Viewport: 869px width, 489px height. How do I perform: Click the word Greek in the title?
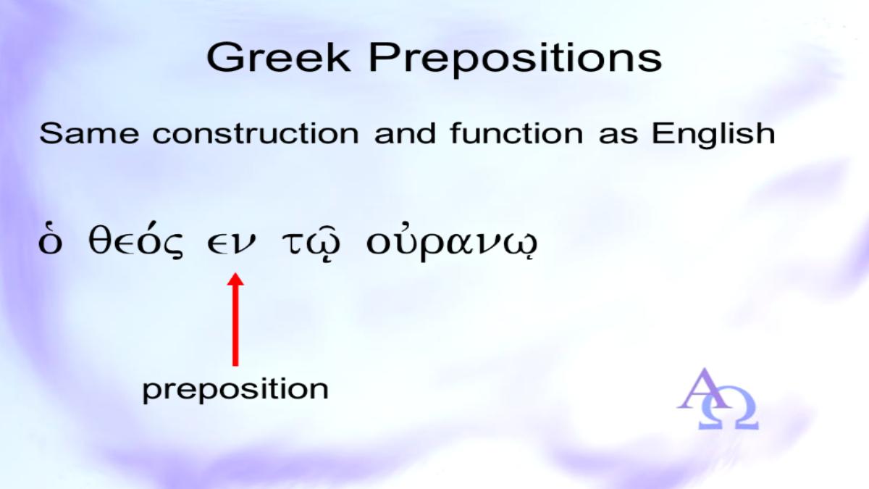[279, 57]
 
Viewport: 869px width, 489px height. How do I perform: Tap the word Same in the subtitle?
[89, 133]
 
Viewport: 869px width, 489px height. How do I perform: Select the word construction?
[256, 134]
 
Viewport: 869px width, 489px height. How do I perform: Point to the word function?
[516, 133]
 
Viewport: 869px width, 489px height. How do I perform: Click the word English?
[713, 133]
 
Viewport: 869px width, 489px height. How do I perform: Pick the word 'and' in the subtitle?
[405, 133]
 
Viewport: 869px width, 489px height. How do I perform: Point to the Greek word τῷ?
[311, 243]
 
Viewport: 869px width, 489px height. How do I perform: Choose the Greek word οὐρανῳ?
[452, 243]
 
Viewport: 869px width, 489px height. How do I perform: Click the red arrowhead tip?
[235, 273]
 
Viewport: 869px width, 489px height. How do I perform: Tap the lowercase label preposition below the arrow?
[235, 390]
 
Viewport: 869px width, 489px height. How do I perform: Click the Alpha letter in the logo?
[704, 389]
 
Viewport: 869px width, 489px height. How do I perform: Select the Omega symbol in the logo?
[729, 411]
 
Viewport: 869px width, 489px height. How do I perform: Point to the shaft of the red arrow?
[235, 325]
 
